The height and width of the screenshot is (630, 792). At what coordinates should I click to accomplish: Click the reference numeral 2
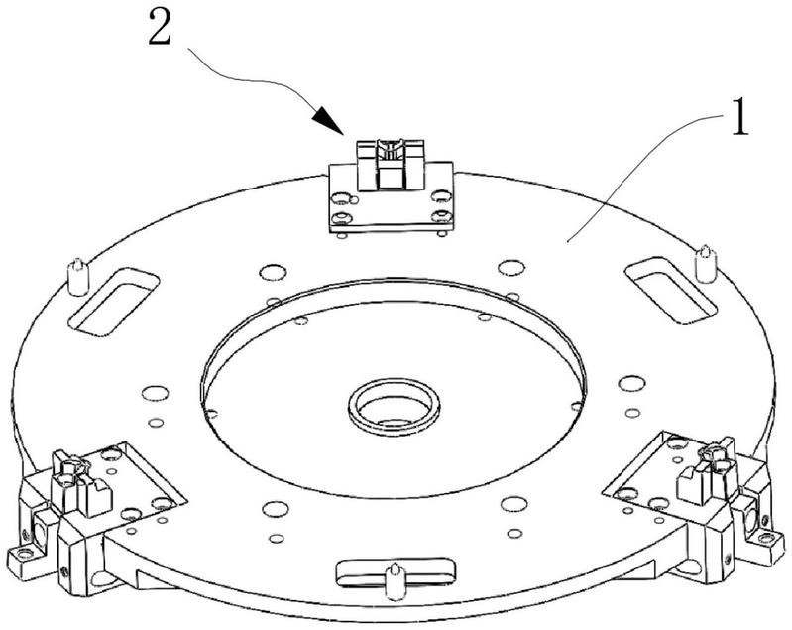[x=161, y=28]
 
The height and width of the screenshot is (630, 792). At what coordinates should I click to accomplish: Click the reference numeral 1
[x=739, y=117]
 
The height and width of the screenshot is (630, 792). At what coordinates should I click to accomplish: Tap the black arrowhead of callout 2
[x=327, y=122]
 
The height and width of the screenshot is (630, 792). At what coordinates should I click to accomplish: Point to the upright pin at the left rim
[x=77, y=277]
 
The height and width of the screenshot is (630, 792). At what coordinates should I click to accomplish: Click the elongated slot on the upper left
[x=113, y=303]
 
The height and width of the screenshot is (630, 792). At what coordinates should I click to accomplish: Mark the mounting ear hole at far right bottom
[x=767, y=538]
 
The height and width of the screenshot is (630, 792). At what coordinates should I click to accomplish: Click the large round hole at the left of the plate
[x=155, y=393]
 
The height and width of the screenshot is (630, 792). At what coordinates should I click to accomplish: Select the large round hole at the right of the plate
[x=631, y=383]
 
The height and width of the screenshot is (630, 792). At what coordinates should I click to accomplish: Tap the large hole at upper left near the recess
[x=273, y=272]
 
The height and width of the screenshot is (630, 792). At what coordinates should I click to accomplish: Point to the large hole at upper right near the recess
[x=511, y=267]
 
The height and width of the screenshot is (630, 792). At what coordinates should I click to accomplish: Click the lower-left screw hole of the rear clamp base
[x=342, y=218]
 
